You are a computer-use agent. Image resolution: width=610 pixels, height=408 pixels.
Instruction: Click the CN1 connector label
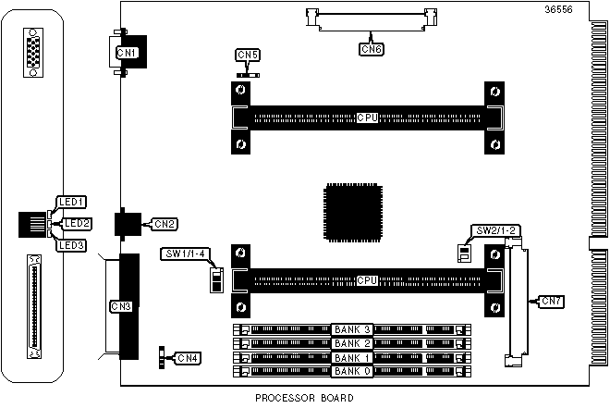(x=127, y=53)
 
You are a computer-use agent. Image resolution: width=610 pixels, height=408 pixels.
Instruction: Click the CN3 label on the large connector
(x=121, y=305)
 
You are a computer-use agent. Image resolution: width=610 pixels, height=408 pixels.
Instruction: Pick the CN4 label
(x=188, y=357)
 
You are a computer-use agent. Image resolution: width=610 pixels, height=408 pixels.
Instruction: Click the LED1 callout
(x=71, y=201)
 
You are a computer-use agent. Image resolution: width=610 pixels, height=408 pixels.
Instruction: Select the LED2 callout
(x=78, y=223)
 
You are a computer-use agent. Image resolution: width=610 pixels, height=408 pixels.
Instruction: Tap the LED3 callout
(x=71, y=245)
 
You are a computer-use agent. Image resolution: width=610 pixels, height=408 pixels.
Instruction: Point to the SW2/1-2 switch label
(x=494, y=230)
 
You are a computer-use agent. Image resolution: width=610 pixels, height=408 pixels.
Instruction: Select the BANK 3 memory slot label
(x=352, y=329)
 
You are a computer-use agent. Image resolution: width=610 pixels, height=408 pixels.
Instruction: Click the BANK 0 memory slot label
(x=352, y=371)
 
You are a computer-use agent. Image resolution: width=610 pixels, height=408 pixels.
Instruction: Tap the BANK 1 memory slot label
(x=352, y=357)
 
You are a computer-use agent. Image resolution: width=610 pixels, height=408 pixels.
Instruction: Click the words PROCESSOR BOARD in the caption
(x=305, y=399)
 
